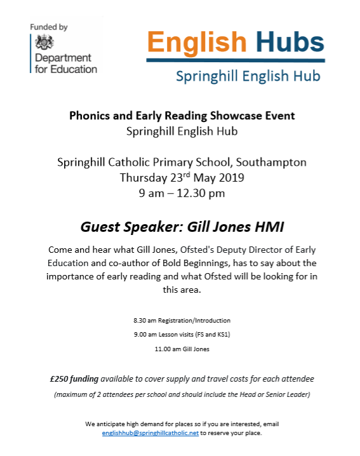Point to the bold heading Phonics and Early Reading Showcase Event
(182, 116)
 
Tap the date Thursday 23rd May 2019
(182, 177)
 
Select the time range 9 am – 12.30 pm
(182, 193)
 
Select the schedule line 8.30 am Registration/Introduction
(182, 320)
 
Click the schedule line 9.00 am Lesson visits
(182, 335)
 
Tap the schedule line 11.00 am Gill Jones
(182, 349)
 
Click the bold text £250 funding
(74, 379)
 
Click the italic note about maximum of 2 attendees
(182, 394)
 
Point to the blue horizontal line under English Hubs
(236, 60)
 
